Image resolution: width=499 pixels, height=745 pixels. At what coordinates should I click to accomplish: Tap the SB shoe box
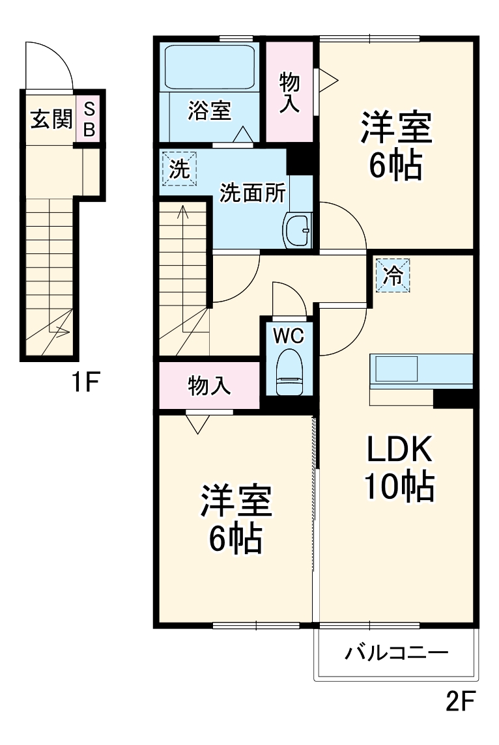pyautogui.click(x=90, y=119)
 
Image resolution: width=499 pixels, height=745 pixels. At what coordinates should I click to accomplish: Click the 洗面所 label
pyautogui.click(x=252, y=193)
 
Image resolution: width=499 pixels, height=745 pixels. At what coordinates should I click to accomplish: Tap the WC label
pyautogui.click(x=288, y=336)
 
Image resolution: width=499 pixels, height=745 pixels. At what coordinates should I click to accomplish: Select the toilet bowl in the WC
pyautogui.click(x=287, y=371)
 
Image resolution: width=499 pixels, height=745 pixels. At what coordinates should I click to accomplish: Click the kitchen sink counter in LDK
pyautogui.click(x=421, y=371)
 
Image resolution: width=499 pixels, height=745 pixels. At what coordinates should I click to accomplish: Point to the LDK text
pyautogui.click(x=398, y=449)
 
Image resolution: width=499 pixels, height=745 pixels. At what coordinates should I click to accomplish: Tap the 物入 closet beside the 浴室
pyautogui.click(x=290, y=91)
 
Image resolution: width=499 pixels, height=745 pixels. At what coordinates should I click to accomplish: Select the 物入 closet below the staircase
pyautogui.click(x=208, y=386)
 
